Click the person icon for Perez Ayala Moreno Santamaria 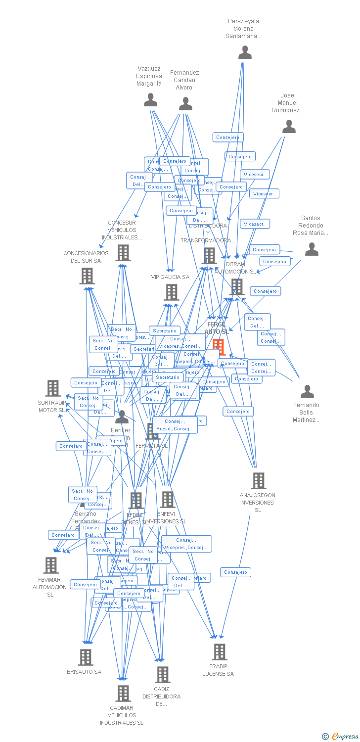pos(245,52)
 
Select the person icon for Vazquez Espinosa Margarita pos(150,100)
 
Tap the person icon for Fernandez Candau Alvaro pos(185,104)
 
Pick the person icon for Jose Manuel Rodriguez pos(289,127)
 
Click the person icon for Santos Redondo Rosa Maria pos(312,249)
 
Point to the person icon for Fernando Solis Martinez pos(307,392)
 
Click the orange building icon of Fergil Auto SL pos(219,347)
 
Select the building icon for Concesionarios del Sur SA pos(87,276)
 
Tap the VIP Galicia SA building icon pos(172,292)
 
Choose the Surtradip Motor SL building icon pos(53,388)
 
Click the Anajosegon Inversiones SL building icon pos(258,480)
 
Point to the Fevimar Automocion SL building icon pos(51,565)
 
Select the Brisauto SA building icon pos(86,657)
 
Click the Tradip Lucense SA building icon pos(220,652)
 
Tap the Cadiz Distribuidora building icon pos(162,674)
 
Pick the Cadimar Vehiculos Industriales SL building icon pos(123,694)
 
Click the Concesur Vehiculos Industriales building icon pos(123,253)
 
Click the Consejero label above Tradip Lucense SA pos(235,572)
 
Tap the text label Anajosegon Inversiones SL pos(258,503)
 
